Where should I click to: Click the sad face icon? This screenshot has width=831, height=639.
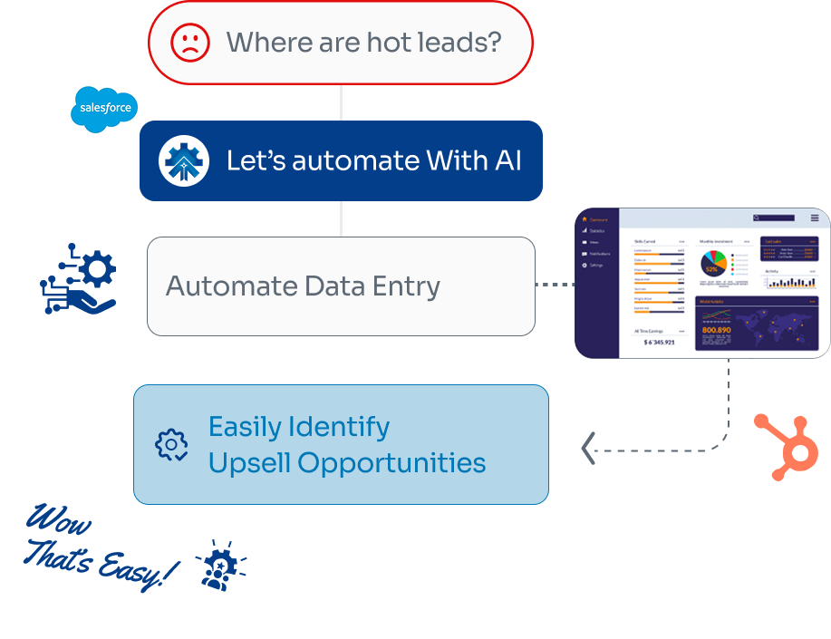point(190,43)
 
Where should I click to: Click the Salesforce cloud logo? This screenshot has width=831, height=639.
point(104,110)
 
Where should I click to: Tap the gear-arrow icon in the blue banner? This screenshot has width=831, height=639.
point(184,160)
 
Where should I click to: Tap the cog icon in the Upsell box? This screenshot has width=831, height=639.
point(171,444)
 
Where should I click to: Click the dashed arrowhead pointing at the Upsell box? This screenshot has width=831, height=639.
point(588,448)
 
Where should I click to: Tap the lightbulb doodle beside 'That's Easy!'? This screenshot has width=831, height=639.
point(218,566)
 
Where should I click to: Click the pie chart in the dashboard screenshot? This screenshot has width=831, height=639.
point(711,264)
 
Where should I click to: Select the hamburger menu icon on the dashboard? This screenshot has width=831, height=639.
point(815,218)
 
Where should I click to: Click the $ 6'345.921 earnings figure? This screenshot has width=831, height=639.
point(659,342)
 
